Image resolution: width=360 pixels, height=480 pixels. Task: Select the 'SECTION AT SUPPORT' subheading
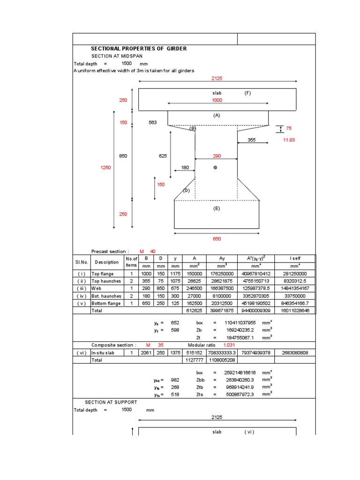coord(111,402)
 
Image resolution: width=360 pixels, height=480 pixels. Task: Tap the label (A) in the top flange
coord(217,115)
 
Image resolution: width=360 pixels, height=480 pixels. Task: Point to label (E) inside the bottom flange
coord(217,209)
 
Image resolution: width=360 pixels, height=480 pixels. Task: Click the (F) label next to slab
coord(247,93)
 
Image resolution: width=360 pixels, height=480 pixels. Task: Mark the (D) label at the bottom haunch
coord(186,190)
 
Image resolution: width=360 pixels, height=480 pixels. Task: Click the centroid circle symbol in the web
coord(215,168)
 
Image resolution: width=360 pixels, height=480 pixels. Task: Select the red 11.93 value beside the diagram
coord(289,140)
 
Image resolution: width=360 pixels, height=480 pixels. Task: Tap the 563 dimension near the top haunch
coord(152,123)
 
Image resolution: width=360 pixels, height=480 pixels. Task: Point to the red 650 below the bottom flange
coord(217,239)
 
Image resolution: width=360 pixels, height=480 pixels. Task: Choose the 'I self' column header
coord(294,258)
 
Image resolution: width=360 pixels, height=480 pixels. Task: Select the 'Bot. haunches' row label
coord(106,296)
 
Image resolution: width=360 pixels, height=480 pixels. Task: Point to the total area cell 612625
coord(194,310)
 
